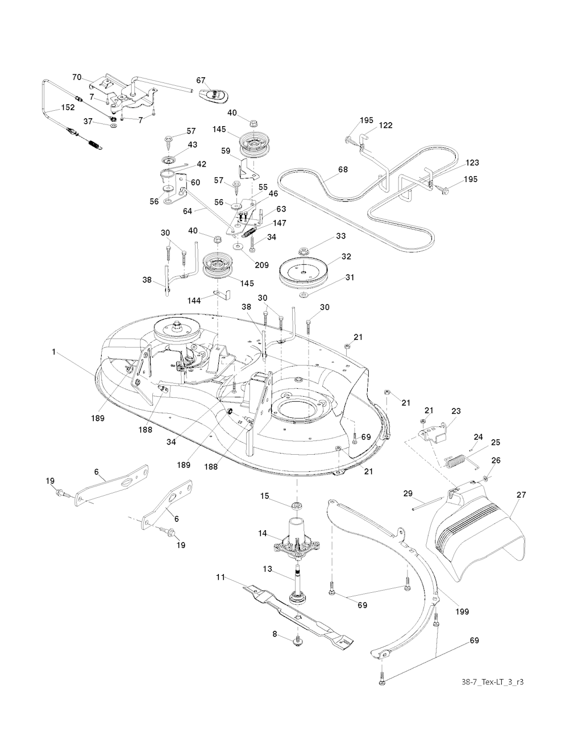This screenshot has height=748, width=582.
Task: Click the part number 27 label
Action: [521, 495]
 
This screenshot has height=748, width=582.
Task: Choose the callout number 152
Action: [68, 107]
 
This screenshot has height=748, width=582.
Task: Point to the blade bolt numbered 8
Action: [297, 641]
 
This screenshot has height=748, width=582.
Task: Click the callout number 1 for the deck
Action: [54, 352]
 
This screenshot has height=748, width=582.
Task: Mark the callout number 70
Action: [77, 76]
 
